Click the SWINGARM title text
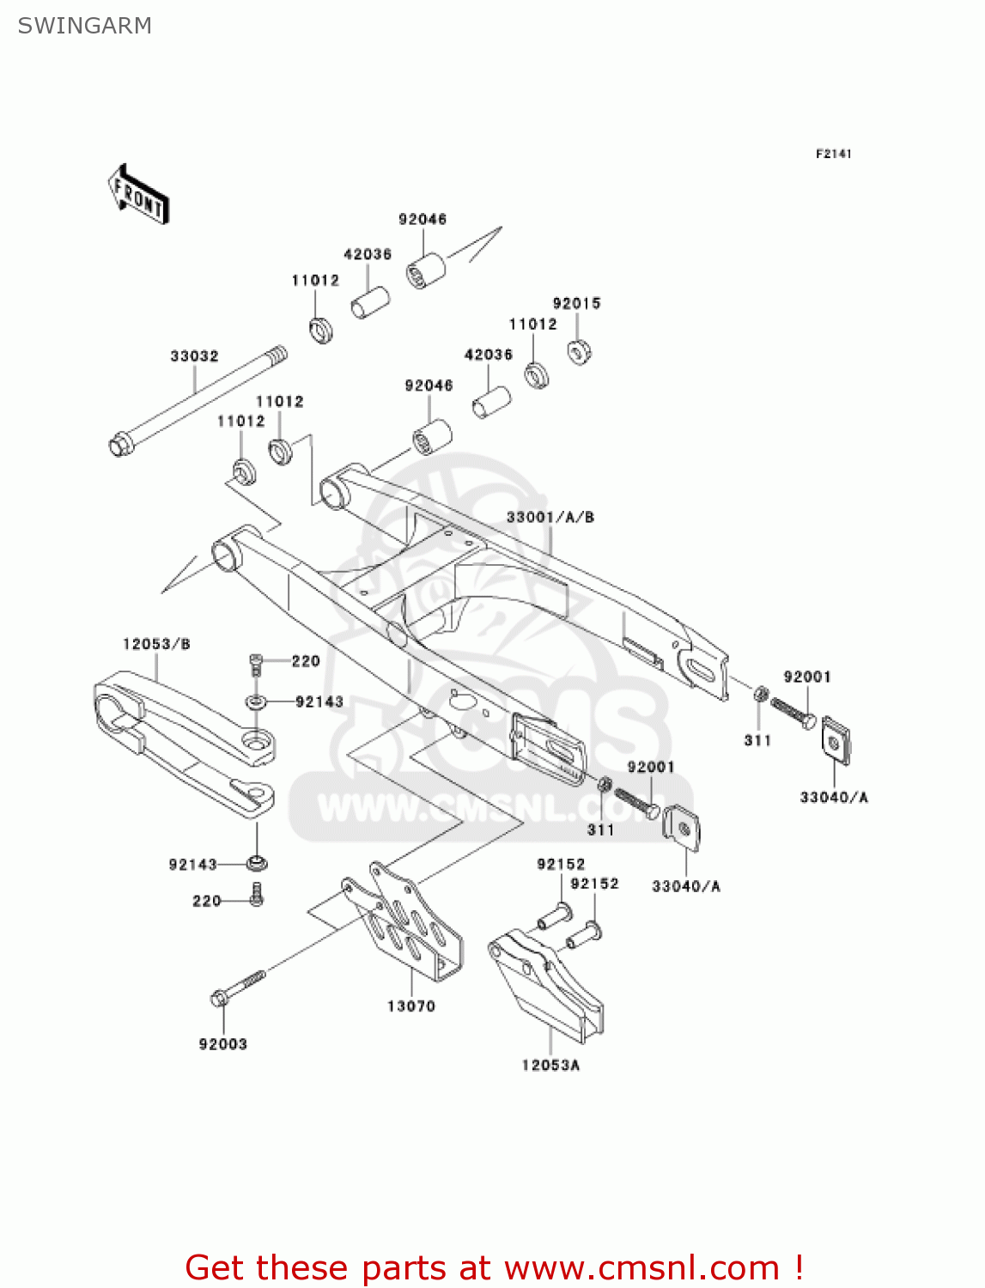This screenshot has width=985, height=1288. point(84,26)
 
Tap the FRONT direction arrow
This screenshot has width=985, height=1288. point(138,195)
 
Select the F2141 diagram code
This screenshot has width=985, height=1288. point(833,154)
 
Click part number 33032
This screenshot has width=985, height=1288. point(194,355)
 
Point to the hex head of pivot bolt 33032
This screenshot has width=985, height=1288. point(119,446)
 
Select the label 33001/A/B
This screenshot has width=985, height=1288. point(550,517)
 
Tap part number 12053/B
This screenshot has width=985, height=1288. point(156,644)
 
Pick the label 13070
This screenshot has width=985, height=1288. point(410,1005)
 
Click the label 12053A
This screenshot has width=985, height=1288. point(550,1065)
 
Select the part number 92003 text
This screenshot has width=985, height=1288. point(222,1044)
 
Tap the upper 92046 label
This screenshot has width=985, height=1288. point(423,219)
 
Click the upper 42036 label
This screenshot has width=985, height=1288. point(368,254)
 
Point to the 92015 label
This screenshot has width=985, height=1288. point(576,303)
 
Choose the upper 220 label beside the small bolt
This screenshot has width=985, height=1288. point(306,661)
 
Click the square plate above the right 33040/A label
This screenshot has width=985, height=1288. point(836,738)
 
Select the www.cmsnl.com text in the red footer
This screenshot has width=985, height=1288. point(641,1267)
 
